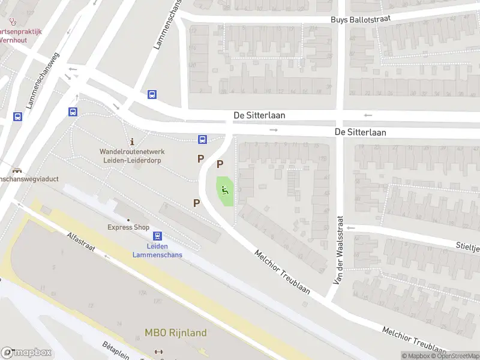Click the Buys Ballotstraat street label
[361, 19]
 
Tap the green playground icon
[225, 191]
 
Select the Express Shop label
[128, 227]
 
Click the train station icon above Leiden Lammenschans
[157, 236]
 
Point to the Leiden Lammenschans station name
[157, 250]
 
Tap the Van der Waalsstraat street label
[338, 250]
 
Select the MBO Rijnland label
[175, 333]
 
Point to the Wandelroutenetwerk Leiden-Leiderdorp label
[132, 156]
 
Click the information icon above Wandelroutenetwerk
[132, 143]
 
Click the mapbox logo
[26, 353]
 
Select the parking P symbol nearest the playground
[220, 164]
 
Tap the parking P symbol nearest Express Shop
[196, 203]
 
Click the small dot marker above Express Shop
[128, 220]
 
